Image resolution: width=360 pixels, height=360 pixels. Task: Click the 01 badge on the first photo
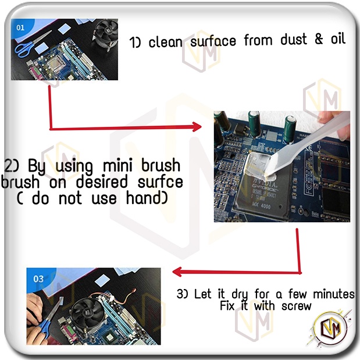[x=20, y=28]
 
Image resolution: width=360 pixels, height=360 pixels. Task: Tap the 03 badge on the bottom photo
[x=38, y=279]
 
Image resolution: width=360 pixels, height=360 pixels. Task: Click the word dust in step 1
[x=294, y=39]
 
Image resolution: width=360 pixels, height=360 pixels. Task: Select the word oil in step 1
[x=338, y=38]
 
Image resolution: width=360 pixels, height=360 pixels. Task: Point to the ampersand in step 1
[x=319, y=38]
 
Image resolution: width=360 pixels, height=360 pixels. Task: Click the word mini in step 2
[x=117, y=165]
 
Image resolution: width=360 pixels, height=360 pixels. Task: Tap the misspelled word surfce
[x=161, y=181]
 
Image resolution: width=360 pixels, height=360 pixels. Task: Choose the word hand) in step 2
[x=147, y=198]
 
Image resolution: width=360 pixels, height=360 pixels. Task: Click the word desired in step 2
[x=101, y=181]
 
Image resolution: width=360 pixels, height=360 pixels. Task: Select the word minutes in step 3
[x=334, y=294]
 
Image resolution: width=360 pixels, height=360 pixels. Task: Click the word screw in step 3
[x=296, y=306]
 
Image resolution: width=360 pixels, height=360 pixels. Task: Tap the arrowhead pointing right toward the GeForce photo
[x=197, y=127]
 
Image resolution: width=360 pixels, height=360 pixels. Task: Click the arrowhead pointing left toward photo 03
[x=177, y=272]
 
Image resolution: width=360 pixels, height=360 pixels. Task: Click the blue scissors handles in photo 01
[x=22, y=49]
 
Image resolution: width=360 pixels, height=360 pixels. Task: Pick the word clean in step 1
[x=166, y=42]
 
